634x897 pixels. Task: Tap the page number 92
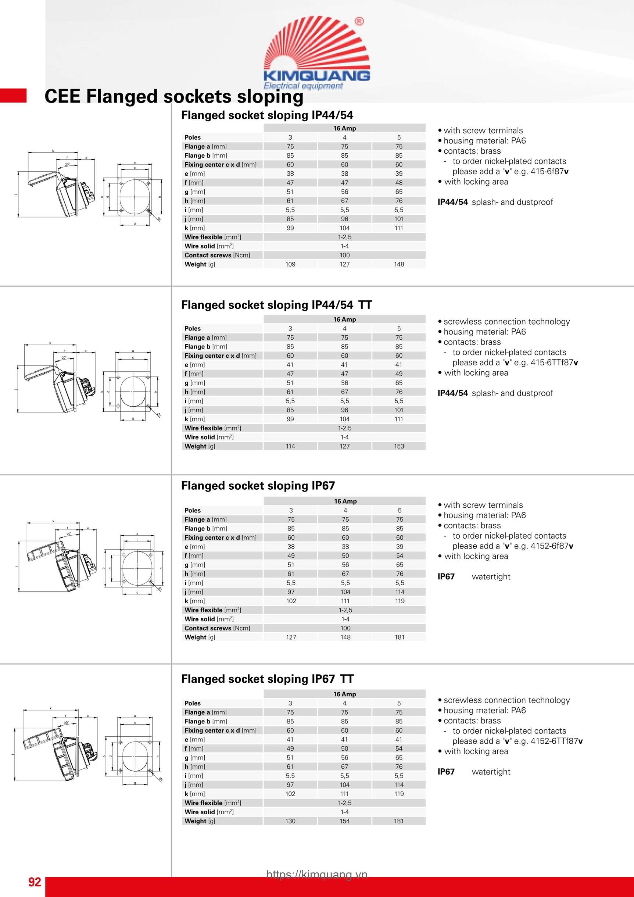click(35, 882)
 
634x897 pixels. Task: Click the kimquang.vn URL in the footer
click(317, 874)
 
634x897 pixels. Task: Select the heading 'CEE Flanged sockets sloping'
click(174, 96)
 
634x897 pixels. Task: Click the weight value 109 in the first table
click(290, 264)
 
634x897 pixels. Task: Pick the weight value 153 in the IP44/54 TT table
click(399, 446)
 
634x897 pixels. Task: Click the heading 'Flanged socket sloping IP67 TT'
click(267, 679)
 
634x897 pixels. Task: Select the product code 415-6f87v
click(549, 172)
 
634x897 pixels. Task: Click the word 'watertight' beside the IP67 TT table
click(491, 772)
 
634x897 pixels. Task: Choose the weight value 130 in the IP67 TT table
click(290, 821)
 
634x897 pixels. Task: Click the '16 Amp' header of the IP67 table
click(345, 501)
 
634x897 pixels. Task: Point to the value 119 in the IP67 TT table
click(399, 794)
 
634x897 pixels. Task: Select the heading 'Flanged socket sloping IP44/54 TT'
click(276, 305)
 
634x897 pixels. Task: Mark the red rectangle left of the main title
click(13, 96)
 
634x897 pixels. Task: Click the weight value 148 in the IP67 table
click(345, 637)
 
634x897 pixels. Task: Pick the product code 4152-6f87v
click(552, 546)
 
